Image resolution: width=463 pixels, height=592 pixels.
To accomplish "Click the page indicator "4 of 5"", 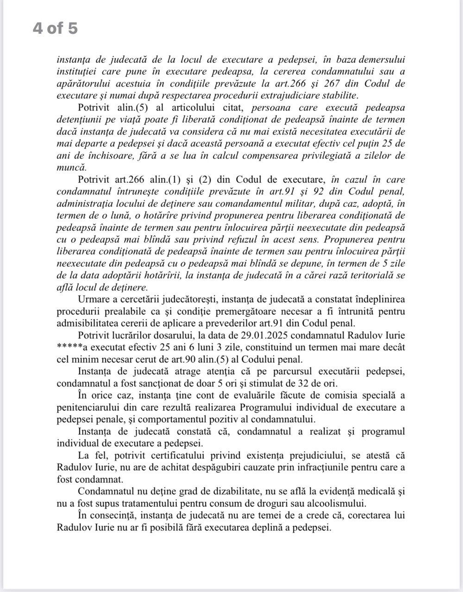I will click(x=55, y=29).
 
